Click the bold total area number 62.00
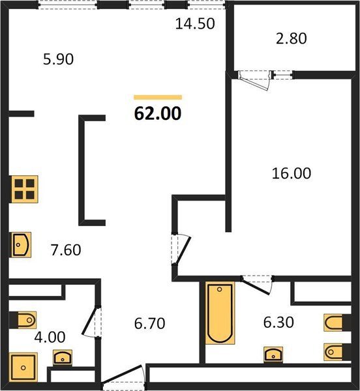[x=158, y=113]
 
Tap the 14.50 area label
[x=195, y=24]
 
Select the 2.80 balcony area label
[x=291, y=38]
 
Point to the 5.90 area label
[x=58, y=59]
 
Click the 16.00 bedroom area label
[x=292, y=173]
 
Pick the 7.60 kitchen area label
[x=66, y=250]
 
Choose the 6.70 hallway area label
[x=150, y=323]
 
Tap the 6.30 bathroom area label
[x=278, y=322]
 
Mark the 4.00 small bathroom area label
[x=50, y=337]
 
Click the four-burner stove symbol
[x=24, y=189]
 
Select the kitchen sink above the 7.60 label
[x=20, y=244]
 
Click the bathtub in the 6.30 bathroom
[x=220, y=313]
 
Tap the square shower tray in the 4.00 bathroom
[x=23, y=368]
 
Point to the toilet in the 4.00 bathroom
[x=23, y=320]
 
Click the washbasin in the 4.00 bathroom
[x=63, y=358]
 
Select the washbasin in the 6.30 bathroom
[x=273, y=355]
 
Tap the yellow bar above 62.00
[x=158, y=97]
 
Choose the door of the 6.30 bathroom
[x=257, y=285]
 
